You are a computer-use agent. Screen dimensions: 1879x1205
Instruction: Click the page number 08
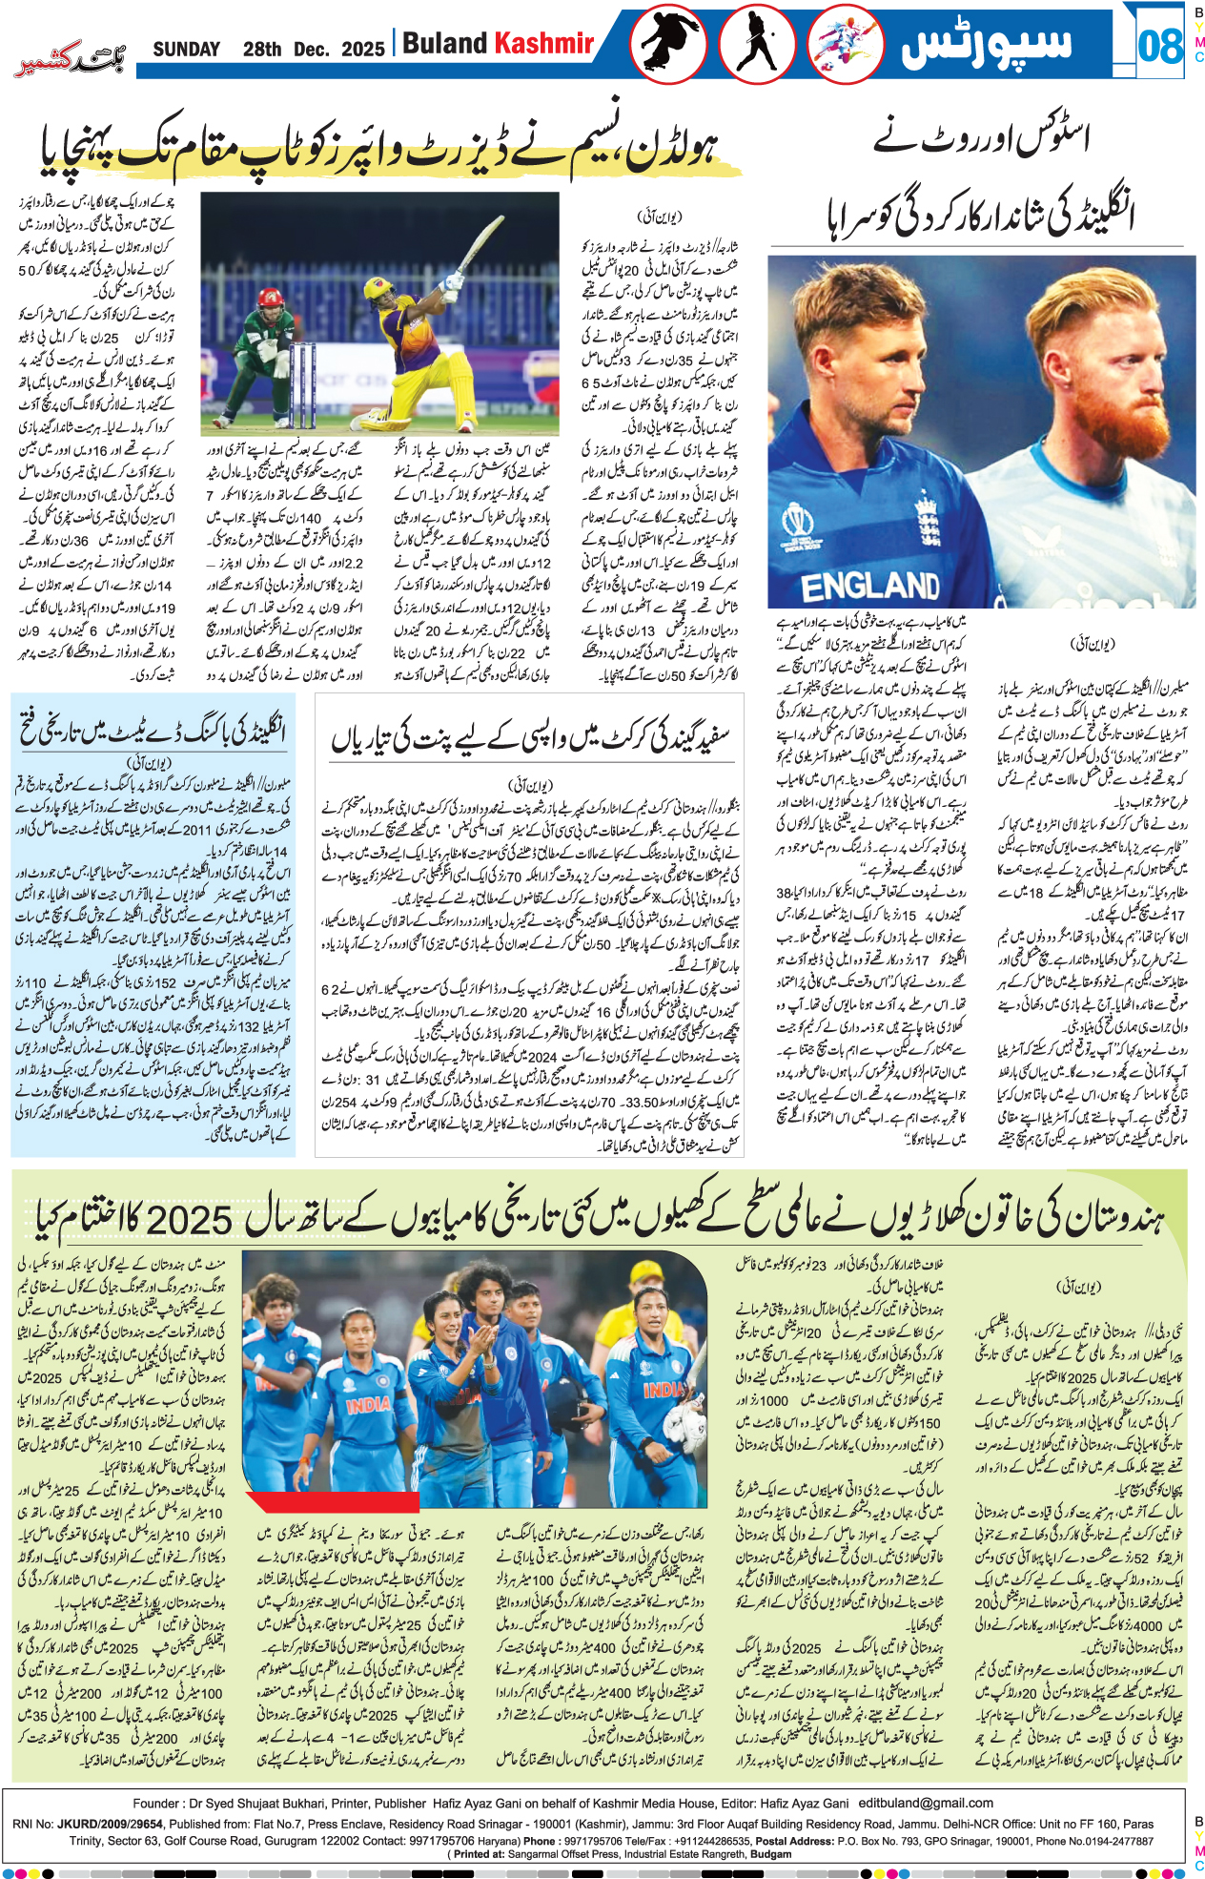1160,45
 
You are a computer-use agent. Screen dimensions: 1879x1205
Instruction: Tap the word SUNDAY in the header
187,49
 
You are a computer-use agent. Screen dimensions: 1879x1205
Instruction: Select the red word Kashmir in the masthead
543,44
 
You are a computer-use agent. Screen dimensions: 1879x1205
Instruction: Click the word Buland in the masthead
444,44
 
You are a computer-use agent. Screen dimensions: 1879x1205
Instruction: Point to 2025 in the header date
362,50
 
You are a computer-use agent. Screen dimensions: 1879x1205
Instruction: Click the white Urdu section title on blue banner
987,45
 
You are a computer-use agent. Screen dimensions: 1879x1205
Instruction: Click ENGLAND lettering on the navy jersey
870,585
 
